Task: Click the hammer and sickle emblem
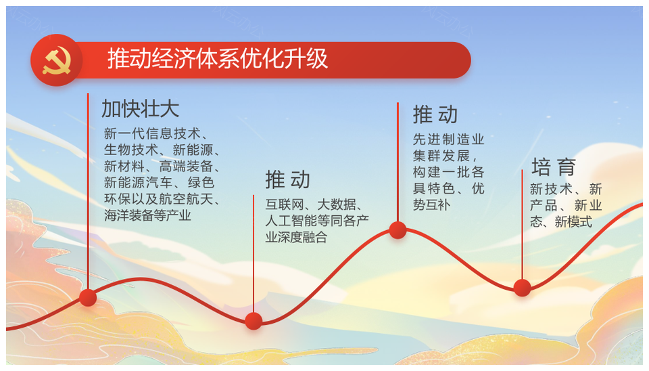(x=57, y=60)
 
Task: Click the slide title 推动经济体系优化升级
(x=218, y=58)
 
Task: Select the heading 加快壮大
(x=141, y=109)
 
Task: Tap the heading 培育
(x=554, y=167)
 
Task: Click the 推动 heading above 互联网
(x=288, y=179)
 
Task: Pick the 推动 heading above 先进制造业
(x=435, y=114)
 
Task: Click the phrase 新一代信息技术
(x=152, y=133)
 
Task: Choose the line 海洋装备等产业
(x=147, y=215)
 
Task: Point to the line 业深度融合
(x=296, y=237)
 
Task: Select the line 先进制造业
(x=448, y=139)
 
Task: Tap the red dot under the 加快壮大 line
(x=88, y=297)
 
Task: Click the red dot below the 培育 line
(x=522, y=288)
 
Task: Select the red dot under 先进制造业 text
(x=398, y=230)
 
